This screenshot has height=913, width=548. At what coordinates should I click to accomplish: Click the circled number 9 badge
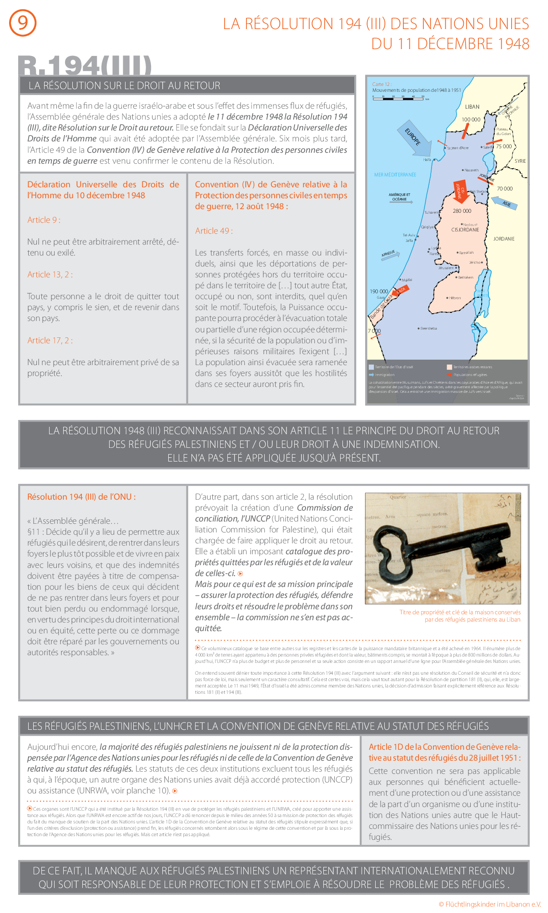pos(23,23)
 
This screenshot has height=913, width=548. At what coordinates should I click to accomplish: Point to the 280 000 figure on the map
pos(462,211)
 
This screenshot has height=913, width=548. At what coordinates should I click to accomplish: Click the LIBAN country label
pos(472,107)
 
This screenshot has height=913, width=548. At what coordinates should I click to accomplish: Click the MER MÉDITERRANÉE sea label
pos(395,175)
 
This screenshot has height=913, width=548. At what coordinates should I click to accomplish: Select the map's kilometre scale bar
pos(398,97)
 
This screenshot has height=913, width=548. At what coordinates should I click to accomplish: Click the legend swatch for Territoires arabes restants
pos(449,367)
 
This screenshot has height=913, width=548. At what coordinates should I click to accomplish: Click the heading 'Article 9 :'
pos(44,220)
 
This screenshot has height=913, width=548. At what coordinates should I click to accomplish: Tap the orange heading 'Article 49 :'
pos(214,231)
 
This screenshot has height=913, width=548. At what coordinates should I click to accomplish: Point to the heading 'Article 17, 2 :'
pos(50,341)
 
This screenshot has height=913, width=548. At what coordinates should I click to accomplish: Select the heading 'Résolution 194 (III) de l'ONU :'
pos(81,497)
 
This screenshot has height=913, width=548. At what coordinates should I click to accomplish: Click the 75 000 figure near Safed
pos(504,146)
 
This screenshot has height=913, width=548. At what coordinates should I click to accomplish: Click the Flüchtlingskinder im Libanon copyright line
pos(490,904)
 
